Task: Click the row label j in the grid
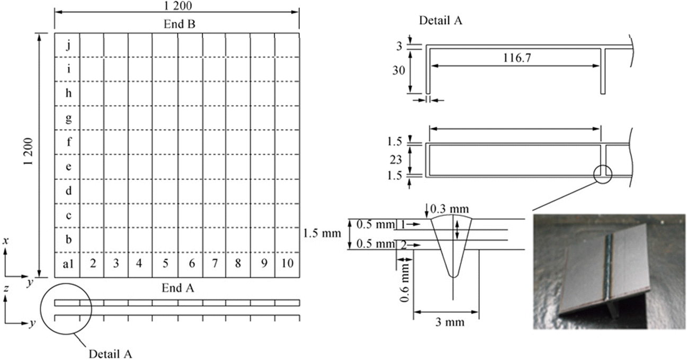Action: coord(69,46)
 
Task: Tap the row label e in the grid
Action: coord(68,167)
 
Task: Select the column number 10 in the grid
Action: coord(288,263)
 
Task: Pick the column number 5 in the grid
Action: coord(166,263)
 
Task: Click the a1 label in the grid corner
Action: coord(68,263)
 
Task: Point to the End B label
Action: coord(180,24)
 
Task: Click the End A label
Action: coord(178,288)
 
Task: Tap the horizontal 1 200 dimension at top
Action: coord(178,5)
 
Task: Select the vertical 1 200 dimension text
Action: coord(28,151)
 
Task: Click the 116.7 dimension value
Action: coord(517,57)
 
